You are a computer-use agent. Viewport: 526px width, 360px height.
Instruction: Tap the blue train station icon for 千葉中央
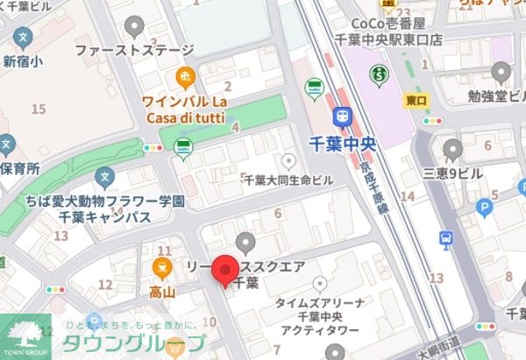click(342, 115)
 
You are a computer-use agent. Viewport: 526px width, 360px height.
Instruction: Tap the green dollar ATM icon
click(379, 76)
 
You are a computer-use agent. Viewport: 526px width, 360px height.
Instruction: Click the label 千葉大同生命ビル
click(288, 180)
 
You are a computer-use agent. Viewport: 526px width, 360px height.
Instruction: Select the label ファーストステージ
click(132, 51)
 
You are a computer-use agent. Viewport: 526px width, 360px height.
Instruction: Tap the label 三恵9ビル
click(452, 173)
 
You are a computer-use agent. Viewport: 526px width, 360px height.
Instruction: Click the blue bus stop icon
click(446, 238)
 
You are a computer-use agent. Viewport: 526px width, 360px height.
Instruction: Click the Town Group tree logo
click(24, 335)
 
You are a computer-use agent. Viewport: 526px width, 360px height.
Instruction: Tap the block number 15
click(38, 109)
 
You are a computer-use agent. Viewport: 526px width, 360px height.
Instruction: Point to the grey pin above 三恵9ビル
click(452, 148)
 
